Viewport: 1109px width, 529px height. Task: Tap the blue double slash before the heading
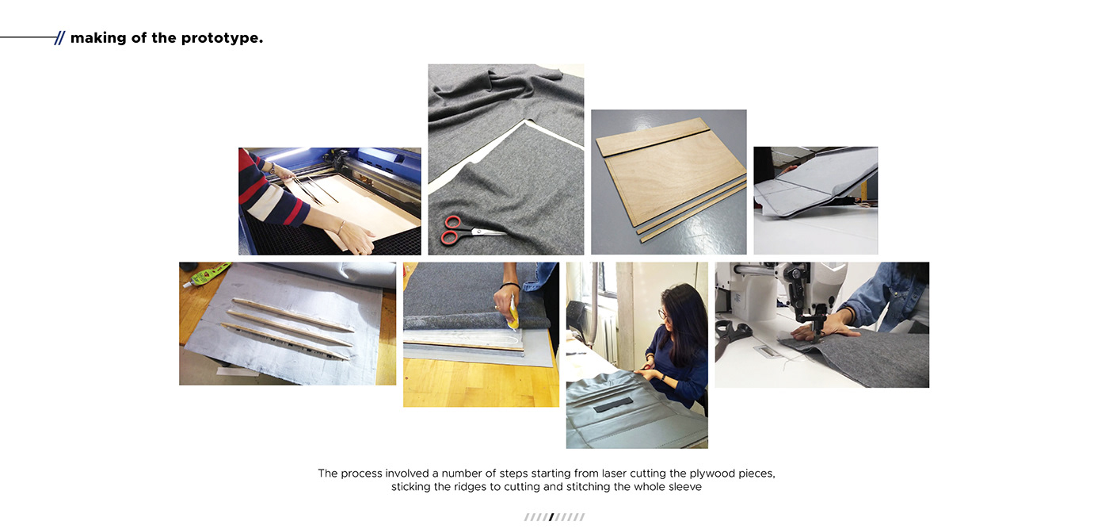tap(59, 38)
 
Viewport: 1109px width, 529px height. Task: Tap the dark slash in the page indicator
tap(551, 517)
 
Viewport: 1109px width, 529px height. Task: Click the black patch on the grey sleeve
tap(613, 405)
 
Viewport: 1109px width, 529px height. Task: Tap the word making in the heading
tap(98, 39)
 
